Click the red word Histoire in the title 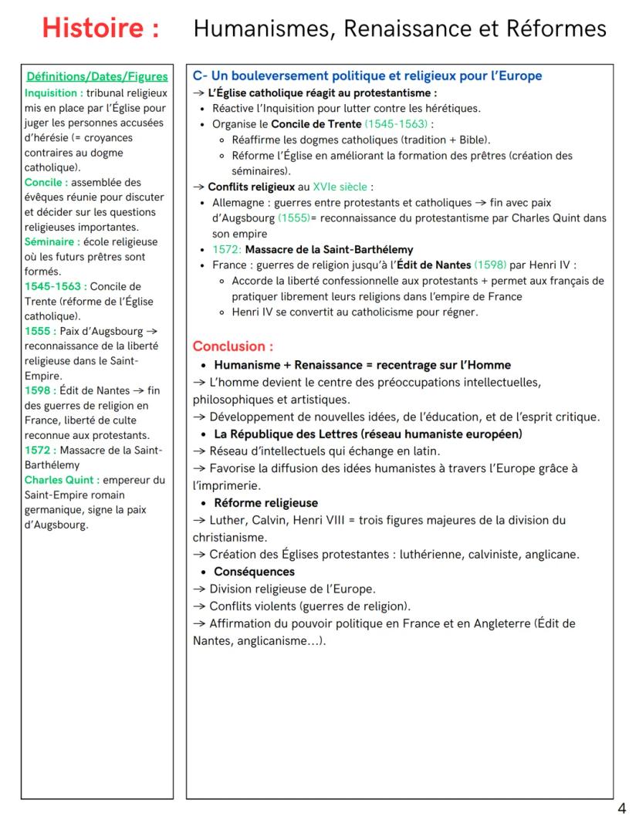click(101, 29)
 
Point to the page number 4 click(621, 808)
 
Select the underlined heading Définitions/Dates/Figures click(97, 76)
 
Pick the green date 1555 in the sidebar click(38, 331)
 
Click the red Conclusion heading click(232, 346)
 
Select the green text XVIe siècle click(341, 187)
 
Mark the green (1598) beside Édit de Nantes click(490, 265)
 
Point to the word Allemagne click(238, 203)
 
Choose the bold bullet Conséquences click(254, 572)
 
